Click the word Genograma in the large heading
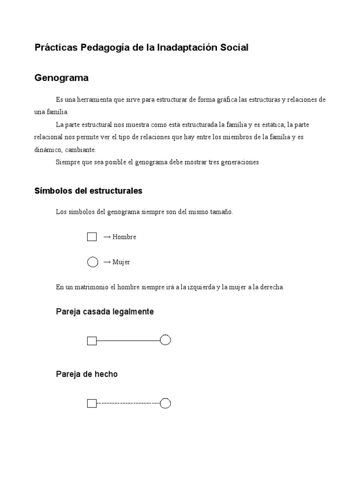[x=61, y=78]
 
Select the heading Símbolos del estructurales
[x=88, y=191]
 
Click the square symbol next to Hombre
[x=92, y=237]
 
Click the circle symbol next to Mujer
[x=92, y=262]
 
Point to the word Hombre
[x=124, y=237]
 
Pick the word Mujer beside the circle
[x=121, y=262]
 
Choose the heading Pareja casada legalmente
[x=105, y=311]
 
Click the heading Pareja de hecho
[x=87, y=374]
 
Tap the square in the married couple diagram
[x=92, y=341]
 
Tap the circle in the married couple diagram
[x=165, y=340]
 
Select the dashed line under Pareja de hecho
[x=128, y=403]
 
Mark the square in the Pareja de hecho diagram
[x=92, y=403]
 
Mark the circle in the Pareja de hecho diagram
[x=165, y=403]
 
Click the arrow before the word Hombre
[x=107, y=237]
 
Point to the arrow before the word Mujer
[x=107, y=262]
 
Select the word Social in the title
[x=233, y=47]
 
